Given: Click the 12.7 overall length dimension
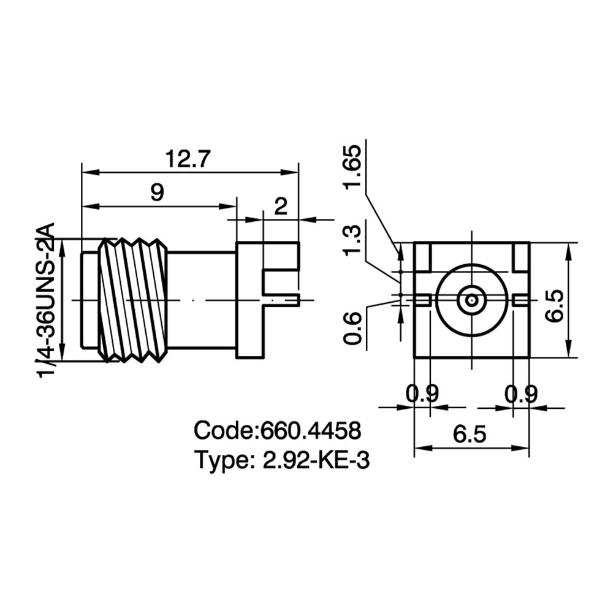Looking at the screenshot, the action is [x=188, y=159].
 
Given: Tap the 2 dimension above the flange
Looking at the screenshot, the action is [x=281, y=206].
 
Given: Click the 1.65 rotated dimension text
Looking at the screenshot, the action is [x=352, y=167].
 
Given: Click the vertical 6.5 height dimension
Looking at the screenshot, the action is [x=555, y=306].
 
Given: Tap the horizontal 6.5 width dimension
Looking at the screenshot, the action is [x=470, y=434].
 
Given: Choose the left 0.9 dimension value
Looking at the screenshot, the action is [x=422, y=394].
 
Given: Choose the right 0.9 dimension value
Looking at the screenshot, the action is [x=521, y=394].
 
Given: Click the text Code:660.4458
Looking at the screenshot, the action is [x=277, y=430].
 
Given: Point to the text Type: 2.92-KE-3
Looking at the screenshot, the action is [x=282, y=460].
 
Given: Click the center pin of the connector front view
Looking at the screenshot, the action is [x=472, y=300].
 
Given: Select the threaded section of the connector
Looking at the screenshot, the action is [x=133, y=300].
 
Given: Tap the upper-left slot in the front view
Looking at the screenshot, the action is [x=422, y=256].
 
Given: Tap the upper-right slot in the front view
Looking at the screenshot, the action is [x=521, y=256].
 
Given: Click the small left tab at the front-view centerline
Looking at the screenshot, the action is [x=422, y=300].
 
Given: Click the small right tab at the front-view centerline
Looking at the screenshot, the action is [x=521, y=300].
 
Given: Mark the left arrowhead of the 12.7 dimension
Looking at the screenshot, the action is [x=90, y=172].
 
